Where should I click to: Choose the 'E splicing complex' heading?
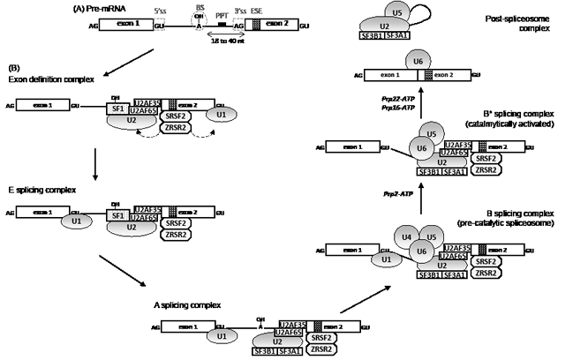(37, 191)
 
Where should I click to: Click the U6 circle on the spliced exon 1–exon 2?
(415, 62)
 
